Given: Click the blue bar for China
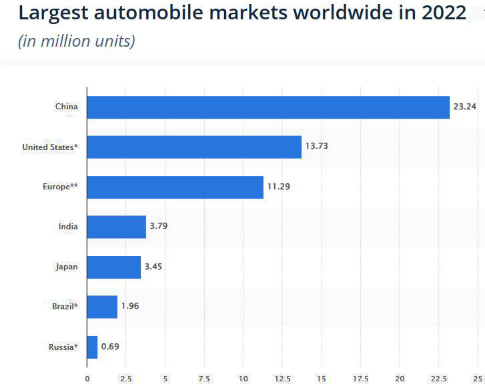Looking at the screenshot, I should pyautogui.click(x=268, y=107).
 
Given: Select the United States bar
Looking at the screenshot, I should pyautogui.click(x=194, y=147).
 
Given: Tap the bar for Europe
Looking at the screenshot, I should pyautogui.click(x=175, y=187).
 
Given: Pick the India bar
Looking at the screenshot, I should pyautogui.click(x=116, y=227).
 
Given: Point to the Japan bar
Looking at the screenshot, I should pyautogui.click(x=113, y=267).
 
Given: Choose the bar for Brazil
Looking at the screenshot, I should pyautogui.click(x=102, y=307).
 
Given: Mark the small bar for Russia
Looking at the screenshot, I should pyautogui.click(x=92, y=347).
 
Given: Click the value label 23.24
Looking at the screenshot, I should pyautogui.click(x=465, y=107).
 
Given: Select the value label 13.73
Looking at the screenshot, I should pyautogui.click(x=317, y=147).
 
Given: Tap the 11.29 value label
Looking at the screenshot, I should pyautogui.click(x=279, y=187).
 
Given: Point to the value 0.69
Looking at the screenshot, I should pyautogui.click(x=110, y=347).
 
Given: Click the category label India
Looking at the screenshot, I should pyautogui.click(x=68, y=227).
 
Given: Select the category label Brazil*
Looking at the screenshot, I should pyautogui.click(x=65, y=307).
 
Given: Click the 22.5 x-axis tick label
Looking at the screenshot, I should pyautogui.click(x=439, y=379).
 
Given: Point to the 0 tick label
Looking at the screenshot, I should pyautogui.click(x=87, y=379).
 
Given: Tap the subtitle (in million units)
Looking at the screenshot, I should pyautogui.click(x=76, y=41).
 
